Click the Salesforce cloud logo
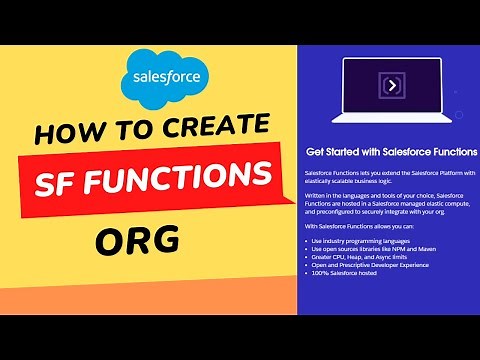point(159,78)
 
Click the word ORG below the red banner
point(139,241)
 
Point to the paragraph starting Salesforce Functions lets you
point(390,177)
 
